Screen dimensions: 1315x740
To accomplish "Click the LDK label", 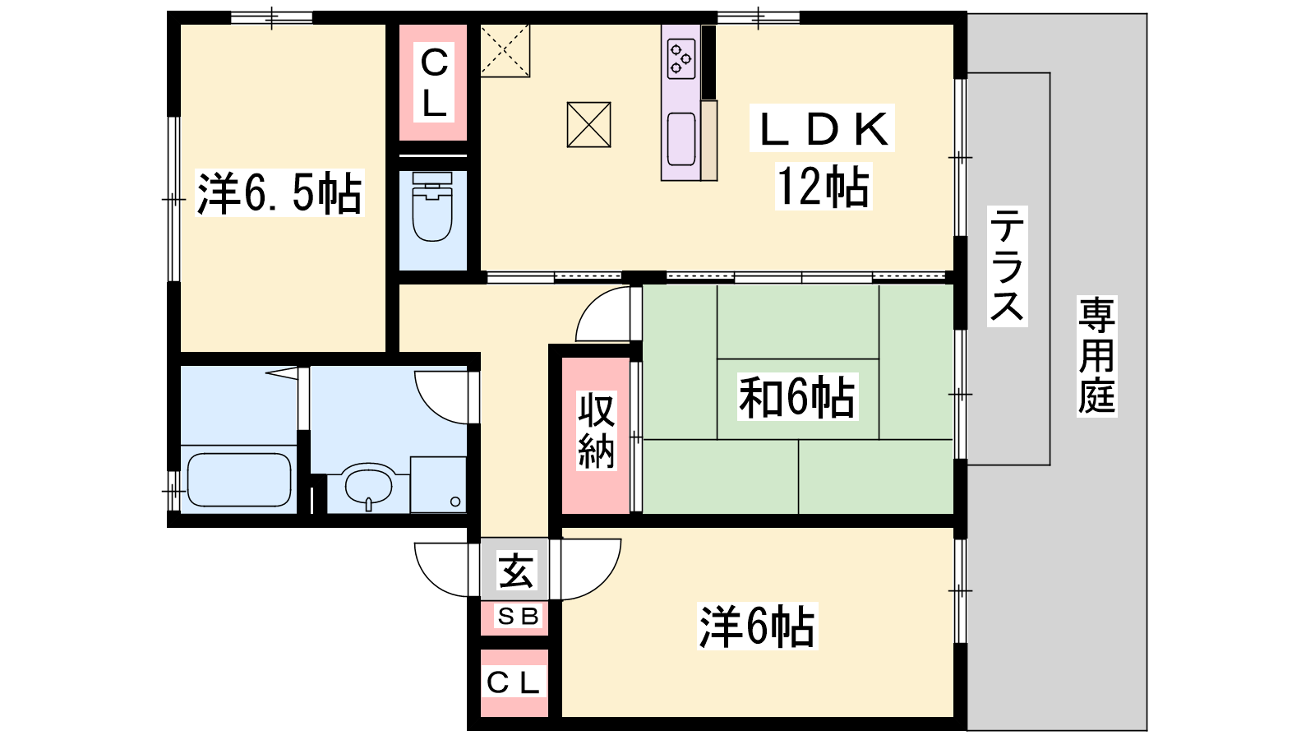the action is click(x=823, y=128).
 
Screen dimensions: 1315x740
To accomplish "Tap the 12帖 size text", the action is click(x=823, y=187).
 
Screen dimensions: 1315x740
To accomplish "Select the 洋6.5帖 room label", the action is click(x=279, y=192).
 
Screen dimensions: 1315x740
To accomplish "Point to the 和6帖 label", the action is click(x=796, y=397).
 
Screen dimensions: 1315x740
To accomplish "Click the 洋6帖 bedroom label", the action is click(x=757, y=626).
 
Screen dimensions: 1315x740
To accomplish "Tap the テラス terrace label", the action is click(x=1007, y=266).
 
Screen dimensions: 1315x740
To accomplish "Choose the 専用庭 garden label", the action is click(x=1096, y=356).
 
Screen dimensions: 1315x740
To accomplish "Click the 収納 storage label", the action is click(x=597, y=431).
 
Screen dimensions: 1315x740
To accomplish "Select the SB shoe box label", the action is click(x=518, y=616).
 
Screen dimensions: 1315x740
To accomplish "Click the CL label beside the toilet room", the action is click(x=434, y=82).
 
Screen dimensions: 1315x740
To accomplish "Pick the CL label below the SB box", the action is click(x=513, y=682).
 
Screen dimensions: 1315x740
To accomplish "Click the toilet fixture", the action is click(x=432, y=206).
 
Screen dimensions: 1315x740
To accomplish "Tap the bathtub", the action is click(x=239, y=480).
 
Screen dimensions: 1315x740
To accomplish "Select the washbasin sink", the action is click(x=368, y=485).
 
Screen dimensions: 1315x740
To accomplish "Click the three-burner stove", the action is click(x=681, y=58).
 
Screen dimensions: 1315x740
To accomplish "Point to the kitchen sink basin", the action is click(x=681, y=139).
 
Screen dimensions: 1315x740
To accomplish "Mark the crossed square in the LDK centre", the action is click(x=588, y=124).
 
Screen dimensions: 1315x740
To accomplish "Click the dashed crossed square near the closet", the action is click(x=505, y=50).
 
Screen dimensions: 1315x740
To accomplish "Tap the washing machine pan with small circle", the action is click(x=438, y=485).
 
